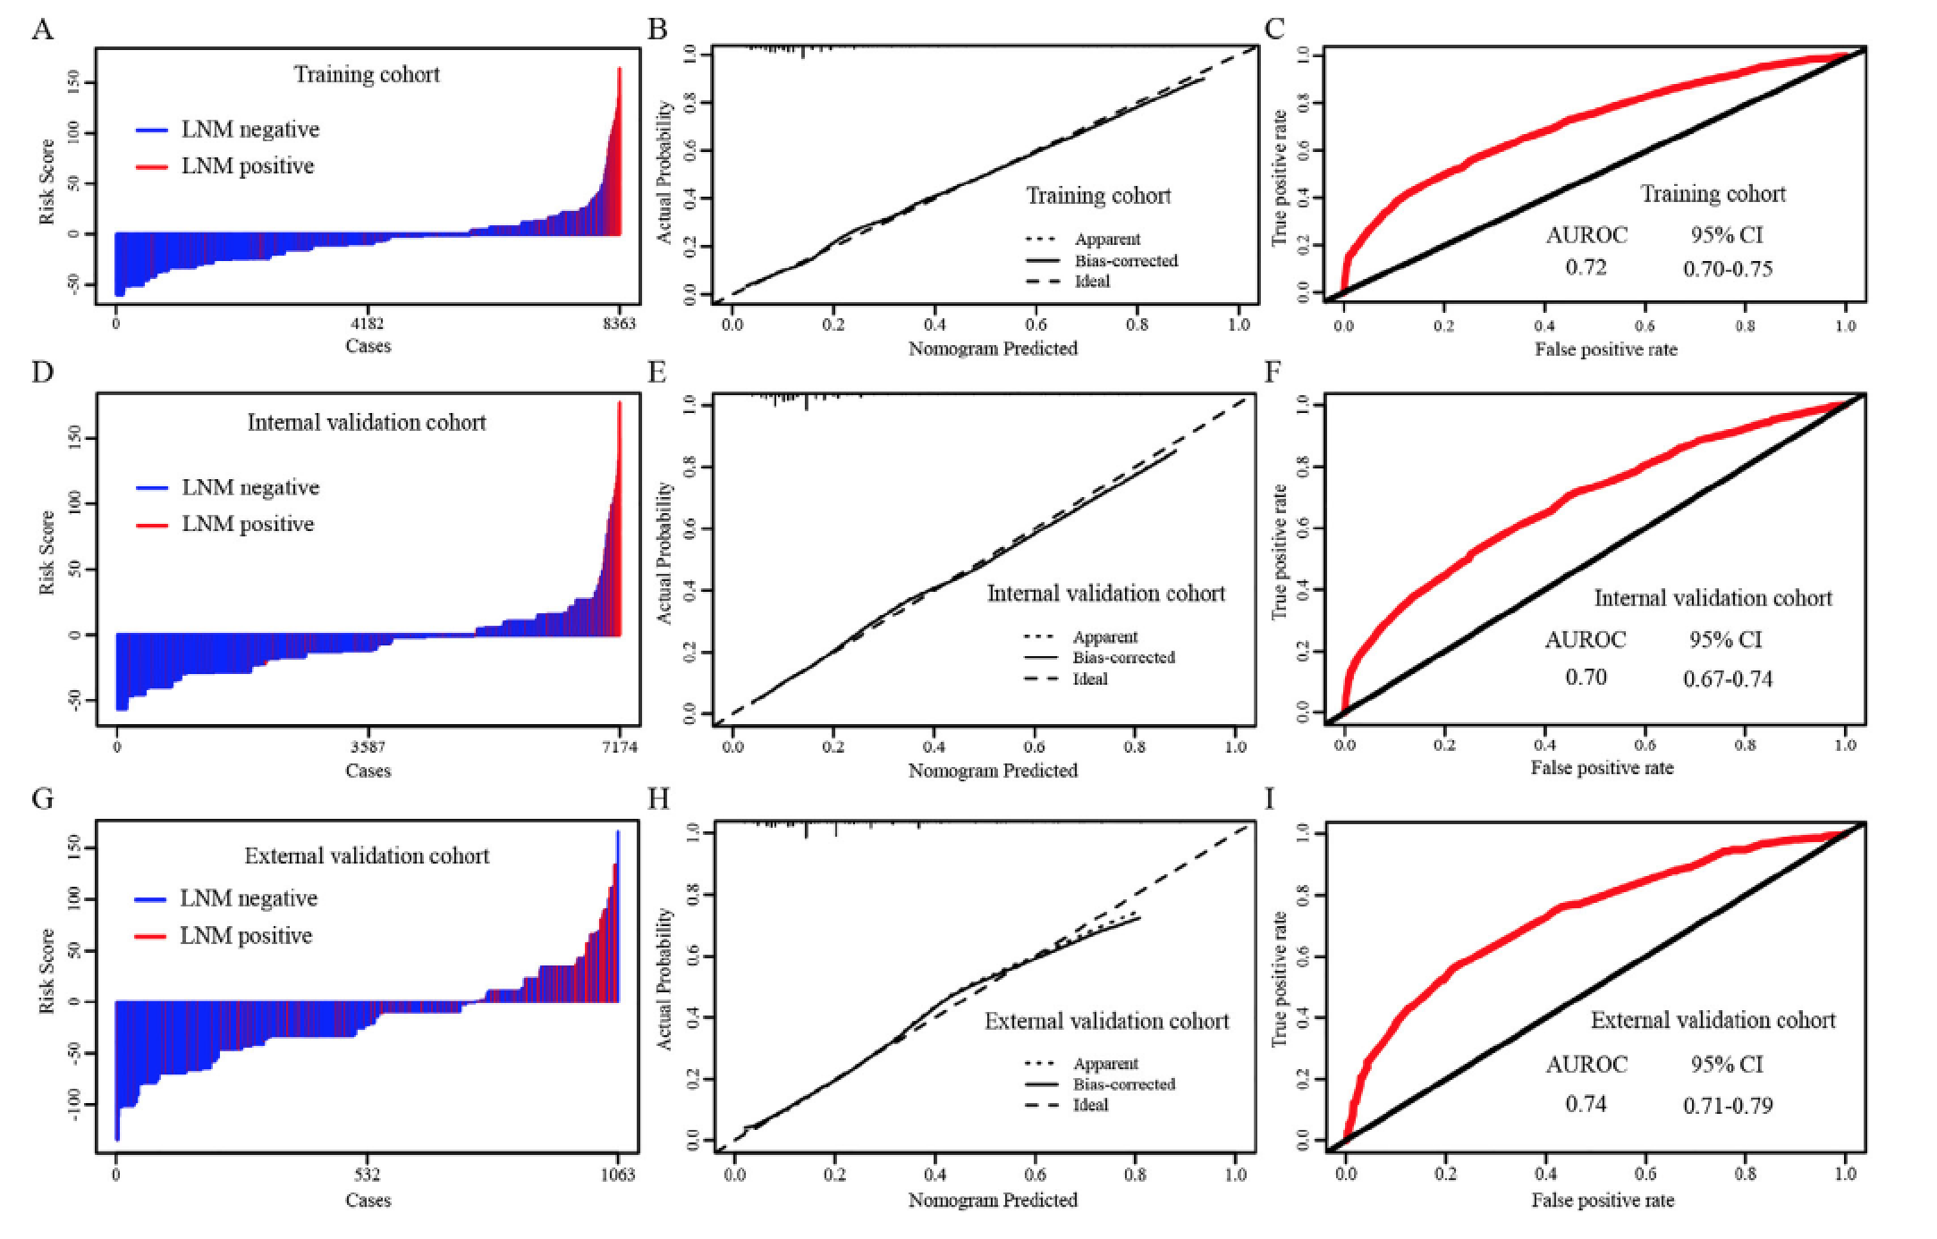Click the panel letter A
42,29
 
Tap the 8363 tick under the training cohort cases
618,324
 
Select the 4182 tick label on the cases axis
368,324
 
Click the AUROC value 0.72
1586,267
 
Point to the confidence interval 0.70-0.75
1727,269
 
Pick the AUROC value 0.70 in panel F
1586,677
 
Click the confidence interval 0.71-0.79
1727,1106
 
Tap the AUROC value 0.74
1586,1104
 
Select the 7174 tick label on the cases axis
618,746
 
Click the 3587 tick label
368,746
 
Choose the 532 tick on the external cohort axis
368,1175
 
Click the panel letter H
657,798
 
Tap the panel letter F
1273,371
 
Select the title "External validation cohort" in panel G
367,856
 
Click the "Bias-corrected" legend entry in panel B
1125,261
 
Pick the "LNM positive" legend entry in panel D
248,524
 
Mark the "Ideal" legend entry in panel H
1090,1105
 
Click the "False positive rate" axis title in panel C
1606,350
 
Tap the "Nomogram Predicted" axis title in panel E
993,771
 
